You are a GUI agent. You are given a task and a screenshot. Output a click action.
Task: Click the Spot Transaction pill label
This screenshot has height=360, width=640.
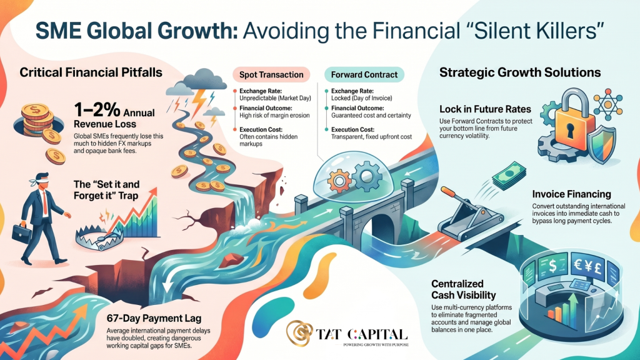[x=271, y=75]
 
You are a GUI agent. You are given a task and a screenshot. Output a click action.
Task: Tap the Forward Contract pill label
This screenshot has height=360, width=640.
[x=364, y=75]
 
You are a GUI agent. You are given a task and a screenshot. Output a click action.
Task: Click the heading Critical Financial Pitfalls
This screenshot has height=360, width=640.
[x=91, y=72]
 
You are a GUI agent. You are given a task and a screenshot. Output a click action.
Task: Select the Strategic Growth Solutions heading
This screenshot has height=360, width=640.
[x=520, y=72]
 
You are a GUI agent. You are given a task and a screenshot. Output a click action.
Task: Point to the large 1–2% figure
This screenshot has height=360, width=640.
[x=97, y=110]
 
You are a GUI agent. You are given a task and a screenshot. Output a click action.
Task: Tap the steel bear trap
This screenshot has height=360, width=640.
[x=99, y=238]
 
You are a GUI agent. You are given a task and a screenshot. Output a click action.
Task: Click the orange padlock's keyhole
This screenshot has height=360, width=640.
[x=570, y=131]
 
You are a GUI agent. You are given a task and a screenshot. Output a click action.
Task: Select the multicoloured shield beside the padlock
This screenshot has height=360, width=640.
[x=601, y=145]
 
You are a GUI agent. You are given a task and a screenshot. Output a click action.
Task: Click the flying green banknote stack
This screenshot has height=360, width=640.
[x=509, y=176]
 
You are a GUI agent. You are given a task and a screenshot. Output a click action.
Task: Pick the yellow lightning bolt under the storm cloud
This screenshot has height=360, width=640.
[x=199, y=102]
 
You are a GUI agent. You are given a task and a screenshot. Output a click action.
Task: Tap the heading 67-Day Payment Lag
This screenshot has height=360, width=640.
[x=154, y=318]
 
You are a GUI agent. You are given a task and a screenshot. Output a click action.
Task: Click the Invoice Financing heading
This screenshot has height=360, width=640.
[x=571, y=194]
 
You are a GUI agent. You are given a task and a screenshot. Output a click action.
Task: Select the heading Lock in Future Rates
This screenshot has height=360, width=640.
[x=485, y=109]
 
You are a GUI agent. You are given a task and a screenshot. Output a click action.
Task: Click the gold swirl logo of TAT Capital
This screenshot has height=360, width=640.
[x=300, y=333]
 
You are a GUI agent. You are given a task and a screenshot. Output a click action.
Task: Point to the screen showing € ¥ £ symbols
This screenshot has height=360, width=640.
[x=588, y=267]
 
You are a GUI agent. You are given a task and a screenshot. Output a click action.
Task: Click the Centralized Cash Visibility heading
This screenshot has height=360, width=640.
[x=463, y=289]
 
